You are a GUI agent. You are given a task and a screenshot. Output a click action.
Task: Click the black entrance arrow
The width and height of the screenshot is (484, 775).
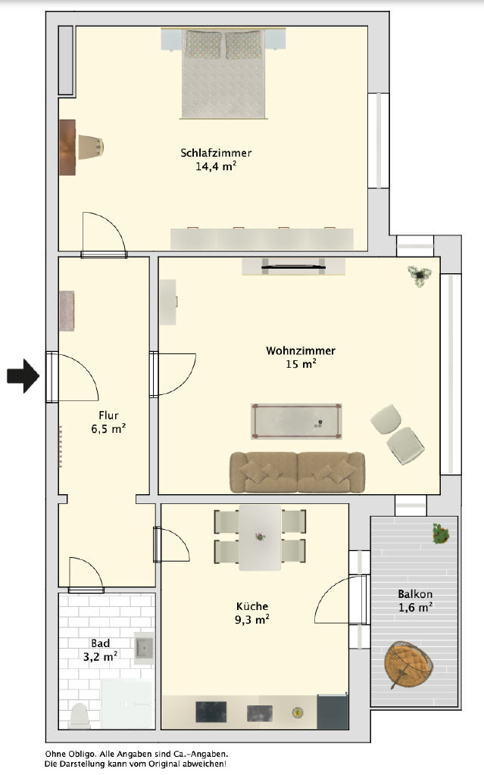tap(23, 376)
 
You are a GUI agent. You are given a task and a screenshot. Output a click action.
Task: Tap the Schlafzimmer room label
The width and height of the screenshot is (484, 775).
tap(216, 153)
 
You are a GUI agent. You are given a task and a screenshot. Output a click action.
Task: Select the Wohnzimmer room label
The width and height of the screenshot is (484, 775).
tap(301, 350)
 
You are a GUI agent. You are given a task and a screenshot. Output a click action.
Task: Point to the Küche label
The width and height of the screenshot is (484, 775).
tap(252, 606)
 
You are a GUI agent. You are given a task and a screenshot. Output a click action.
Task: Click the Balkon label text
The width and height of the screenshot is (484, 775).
tap(415, 593)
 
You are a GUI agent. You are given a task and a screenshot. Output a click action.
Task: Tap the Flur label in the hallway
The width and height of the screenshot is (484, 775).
tap(108, 416)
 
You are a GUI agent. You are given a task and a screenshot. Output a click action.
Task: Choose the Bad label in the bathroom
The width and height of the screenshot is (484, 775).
tap(100, 643)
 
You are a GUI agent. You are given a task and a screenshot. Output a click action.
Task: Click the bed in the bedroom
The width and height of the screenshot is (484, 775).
tap(223, 73)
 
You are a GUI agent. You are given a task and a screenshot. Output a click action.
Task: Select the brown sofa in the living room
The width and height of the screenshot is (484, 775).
tap(297, 472)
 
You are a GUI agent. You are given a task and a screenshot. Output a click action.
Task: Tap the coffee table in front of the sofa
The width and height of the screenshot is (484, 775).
tap(296, 421)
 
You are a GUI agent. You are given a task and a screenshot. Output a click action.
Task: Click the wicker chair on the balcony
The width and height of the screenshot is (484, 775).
tap(409, 663)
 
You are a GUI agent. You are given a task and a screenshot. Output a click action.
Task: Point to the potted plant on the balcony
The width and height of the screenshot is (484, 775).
tap(440, 534)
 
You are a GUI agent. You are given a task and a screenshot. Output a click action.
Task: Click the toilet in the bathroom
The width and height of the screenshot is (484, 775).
tap(80, 716)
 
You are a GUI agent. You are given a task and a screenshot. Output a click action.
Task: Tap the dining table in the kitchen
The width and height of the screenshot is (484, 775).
tap(261, 537)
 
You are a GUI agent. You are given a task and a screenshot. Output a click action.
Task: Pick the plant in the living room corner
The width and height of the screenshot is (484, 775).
tap(420, 275)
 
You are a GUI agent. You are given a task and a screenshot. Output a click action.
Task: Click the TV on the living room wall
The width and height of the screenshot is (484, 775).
tap(293, 267)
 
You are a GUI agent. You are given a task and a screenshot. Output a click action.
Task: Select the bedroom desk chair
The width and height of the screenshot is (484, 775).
tap(91, 147)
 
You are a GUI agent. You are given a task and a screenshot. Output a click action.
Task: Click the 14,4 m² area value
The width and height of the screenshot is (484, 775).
tap(216, 166)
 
